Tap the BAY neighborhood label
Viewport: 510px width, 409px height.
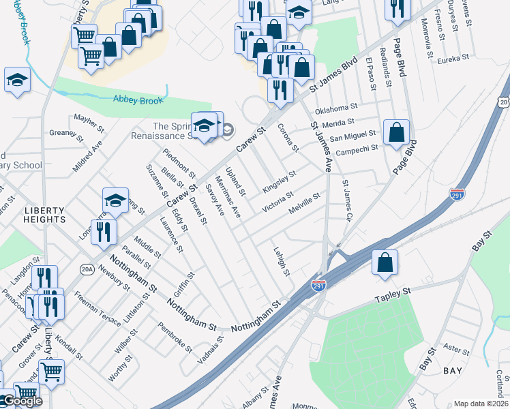coord(453,371)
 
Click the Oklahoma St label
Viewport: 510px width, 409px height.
coord(336,108)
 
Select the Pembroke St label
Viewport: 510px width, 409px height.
coord(175,337)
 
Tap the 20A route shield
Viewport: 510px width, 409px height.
coord(87,269)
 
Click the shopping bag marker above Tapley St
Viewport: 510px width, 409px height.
coord(385,262)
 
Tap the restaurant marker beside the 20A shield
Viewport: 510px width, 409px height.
coord(104,231)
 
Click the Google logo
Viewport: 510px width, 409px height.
coord(22,401)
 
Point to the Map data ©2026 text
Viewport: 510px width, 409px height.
coord(481,404)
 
